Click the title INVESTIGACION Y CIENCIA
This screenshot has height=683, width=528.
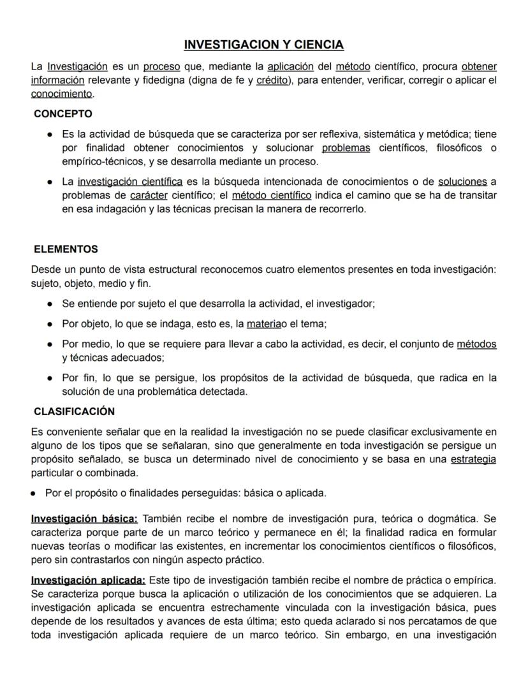pos(263,45)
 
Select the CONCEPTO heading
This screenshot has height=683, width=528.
pos(63,114)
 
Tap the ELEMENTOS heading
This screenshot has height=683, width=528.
pos(66,249)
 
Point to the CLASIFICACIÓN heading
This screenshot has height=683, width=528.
pos(74,411)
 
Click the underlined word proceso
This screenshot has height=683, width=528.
pos(161,66)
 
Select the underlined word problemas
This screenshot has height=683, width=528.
pos(346,148)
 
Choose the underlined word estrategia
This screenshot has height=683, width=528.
pos(473,459)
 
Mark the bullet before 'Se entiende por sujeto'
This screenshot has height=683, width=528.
pos(50,304)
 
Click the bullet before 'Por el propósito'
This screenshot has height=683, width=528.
pos(33,493)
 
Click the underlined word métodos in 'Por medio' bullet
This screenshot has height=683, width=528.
pos(476,344)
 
